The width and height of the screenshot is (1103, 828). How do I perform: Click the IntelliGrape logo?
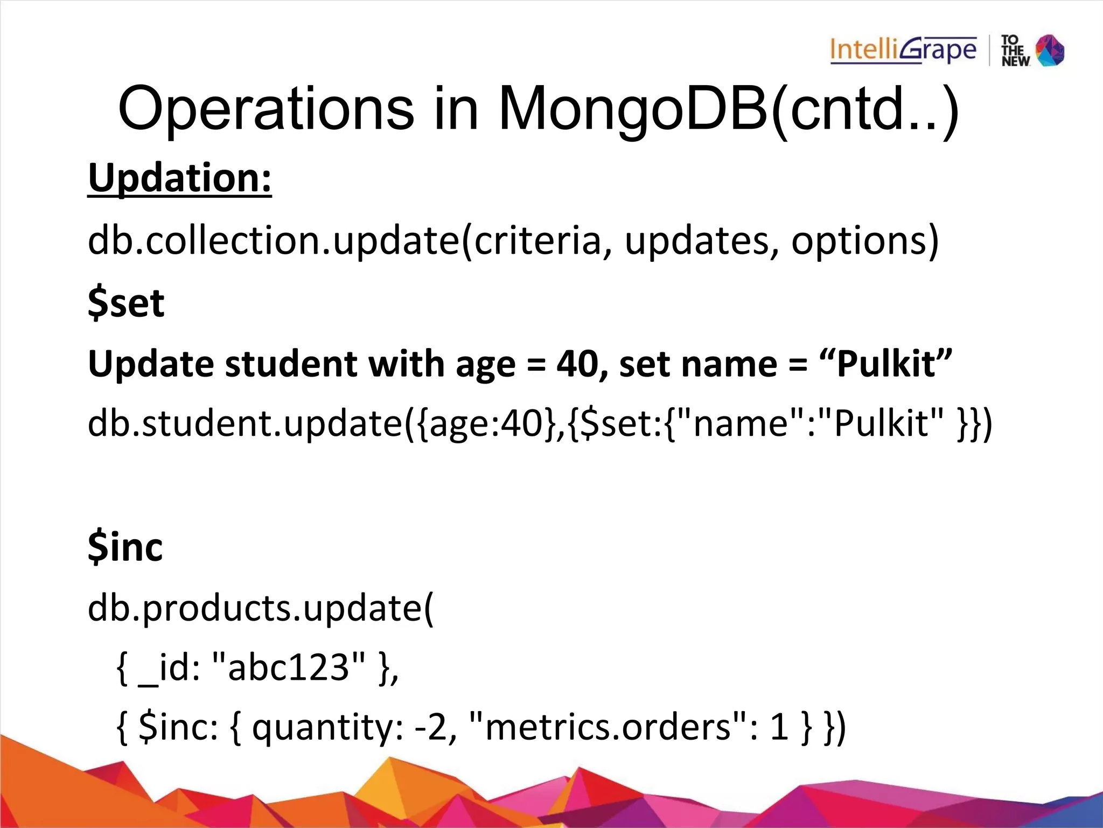pos(903,51)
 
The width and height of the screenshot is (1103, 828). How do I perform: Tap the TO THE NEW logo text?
pos(1015,51)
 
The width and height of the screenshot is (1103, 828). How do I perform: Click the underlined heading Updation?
pos(180,178)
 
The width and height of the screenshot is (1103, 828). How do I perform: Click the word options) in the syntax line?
pos(864,240)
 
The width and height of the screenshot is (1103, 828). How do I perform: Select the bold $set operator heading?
pos(126,303)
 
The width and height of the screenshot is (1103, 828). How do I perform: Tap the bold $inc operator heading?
pos(125,547)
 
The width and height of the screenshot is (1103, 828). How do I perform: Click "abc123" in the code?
pos(289,668)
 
